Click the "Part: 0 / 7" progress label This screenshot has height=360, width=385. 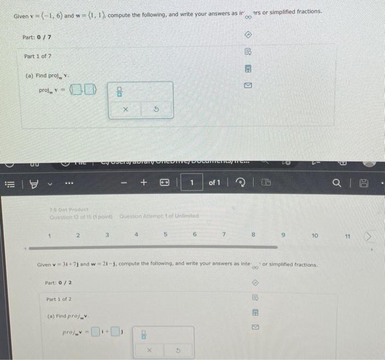click(x=37, y=37)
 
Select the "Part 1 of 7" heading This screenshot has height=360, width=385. click(x=39, y=56)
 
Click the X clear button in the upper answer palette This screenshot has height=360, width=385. click(x=125, y=110)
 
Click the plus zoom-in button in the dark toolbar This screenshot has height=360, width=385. click(x=145, y=182)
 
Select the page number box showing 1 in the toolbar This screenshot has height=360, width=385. click(x=192, y=182)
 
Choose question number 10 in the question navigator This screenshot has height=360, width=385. click(x=315, y=235)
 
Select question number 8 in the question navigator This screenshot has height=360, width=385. click(x=254, y=235)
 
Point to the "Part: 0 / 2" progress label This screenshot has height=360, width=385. click(x=58, y=283)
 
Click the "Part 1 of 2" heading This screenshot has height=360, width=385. click(x=59, y=299)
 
